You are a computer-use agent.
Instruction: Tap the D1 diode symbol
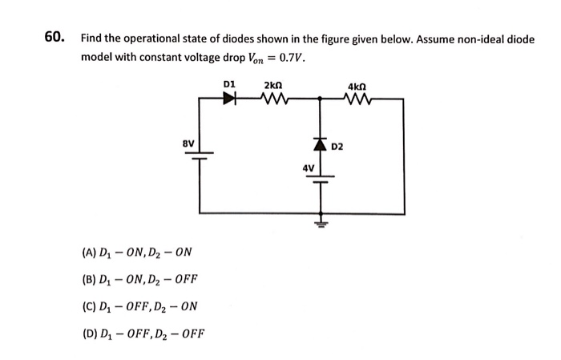pos(230,99)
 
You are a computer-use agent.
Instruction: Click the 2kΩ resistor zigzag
pos(275,99)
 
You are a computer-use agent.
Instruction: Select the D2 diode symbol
pos(320,145)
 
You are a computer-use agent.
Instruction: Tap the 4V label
pos(307,168)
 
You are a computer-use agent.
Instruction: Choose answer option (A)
pos(136,254)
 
